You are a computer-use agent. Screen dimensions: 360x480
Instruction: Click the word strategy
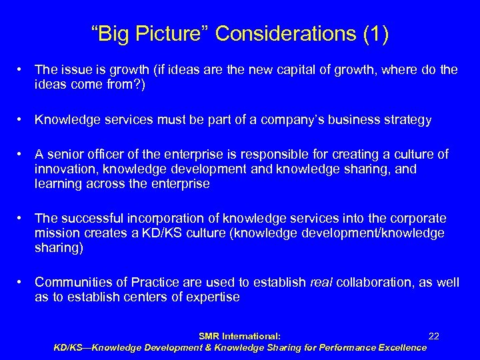point(408,120)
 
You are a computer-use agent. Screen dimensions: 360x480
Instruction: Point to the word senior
point(67,155)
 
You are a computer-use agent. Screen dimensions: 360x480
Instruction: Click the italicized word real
point(322,283)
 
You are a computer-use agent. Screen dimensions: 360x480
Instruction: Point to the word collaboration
point(375,283)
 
